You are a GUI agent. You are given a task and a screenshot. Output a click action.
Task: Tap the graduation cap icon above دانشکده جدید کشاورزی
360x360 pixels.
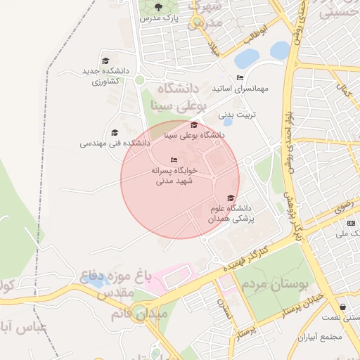105,61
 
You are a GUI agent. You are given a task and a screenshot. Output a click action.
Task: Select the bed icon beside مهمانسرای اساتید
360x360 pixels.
240,78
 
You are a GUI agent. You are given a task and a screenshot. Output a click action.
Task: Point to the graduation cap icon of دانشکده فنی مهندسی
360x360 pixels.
115,132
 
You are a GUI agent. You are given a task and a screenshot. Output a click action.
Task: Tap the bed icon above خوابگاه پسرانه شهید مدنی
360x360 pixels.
174,160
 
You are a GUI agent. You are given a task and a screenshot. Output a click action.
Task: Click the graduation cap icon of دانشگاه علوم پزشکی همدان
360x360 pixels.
231,198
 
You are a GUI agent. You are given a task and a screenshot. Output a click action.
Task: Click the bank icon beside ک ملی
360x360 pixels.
351,223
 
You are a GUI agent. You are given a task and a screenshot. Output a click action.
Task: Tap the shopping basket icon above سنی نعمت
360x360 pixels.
342,307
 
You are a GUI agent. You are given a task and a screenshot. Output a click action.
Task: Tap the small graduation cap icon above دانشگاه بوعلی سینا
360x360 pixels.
194,124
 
